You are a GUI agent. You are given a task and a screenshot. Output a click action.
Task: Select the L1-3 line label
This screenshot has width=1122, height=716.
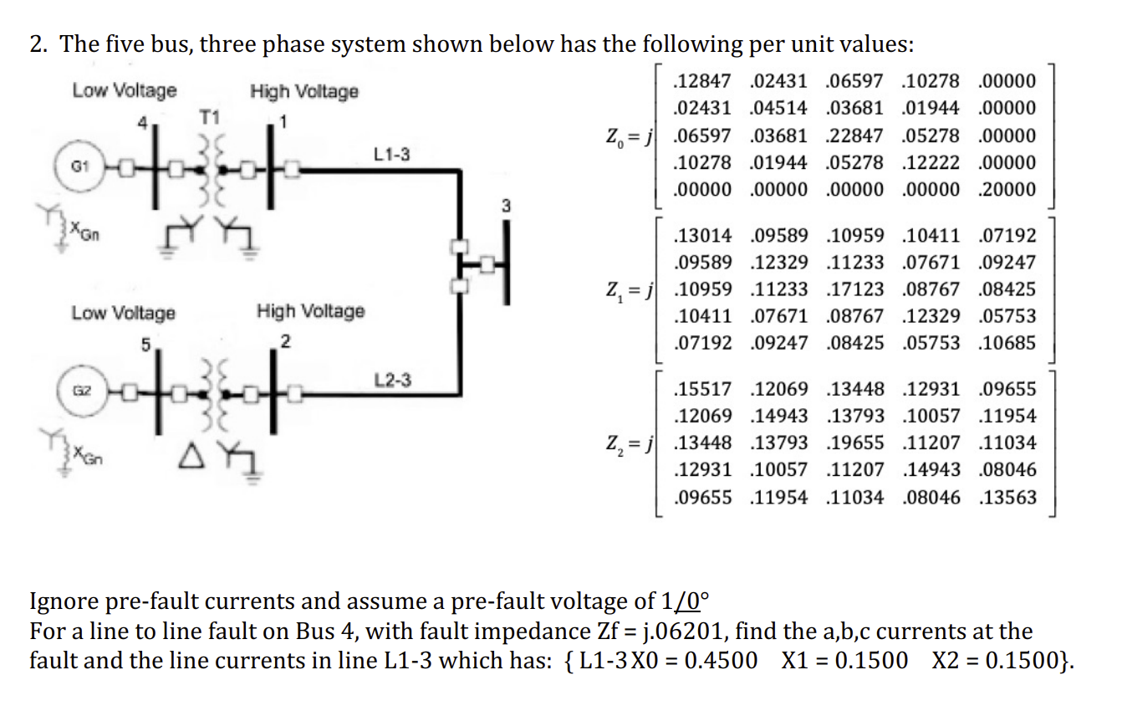pyautogui.click(x=391, y=155)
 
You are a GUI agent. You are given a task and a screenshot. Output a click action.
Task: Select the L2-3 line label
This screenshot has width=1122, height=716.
pyautogui.click(x=392, y=381)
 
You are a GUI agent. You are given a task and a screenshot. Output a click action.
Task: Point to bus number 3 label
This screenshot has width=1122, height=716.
pyautogui.click(x=505, y=205)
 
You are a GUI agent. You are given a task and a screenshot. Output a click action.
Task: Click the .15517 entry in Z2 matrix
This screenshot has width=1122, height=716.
pyautogui.click(x=703, y=390)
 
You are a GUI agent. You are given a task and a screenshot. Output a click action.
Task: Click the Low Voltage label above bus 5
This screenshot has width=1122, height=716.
pyautogui.click(x=124, y=313)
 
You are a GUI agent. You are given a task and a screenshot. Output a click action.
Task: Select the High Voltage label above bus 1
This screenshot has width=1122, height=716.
pyautogui.click(x=304, y=91)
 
